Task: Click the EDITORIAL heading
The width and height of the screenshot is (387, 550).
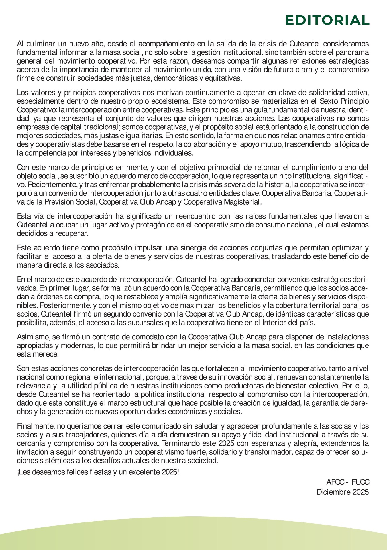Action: tap(327, 20)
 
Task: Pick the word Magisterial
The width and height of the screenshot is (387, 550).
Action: tap(243, 202)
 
